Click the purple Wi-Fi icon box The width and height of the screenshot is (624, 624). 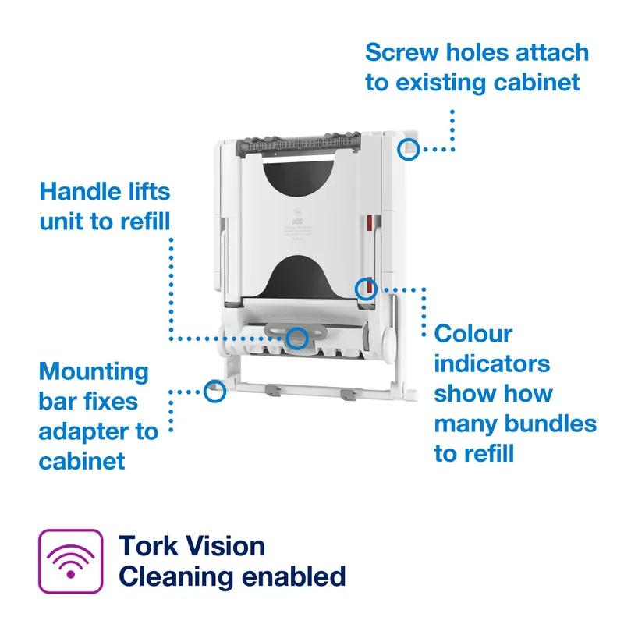coord(71,561)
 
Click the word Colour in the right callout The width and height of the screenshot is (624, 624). coord(473,334)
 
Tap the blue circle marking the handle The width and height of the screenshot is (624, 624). coord(296,338)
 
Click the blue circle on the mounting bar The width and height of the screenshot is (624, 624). coord(214,391)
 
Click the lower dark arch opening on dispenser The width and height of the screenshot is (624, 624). coord(296,272)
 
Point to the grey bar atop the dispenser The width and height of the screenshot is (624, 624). coord(296,144)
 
